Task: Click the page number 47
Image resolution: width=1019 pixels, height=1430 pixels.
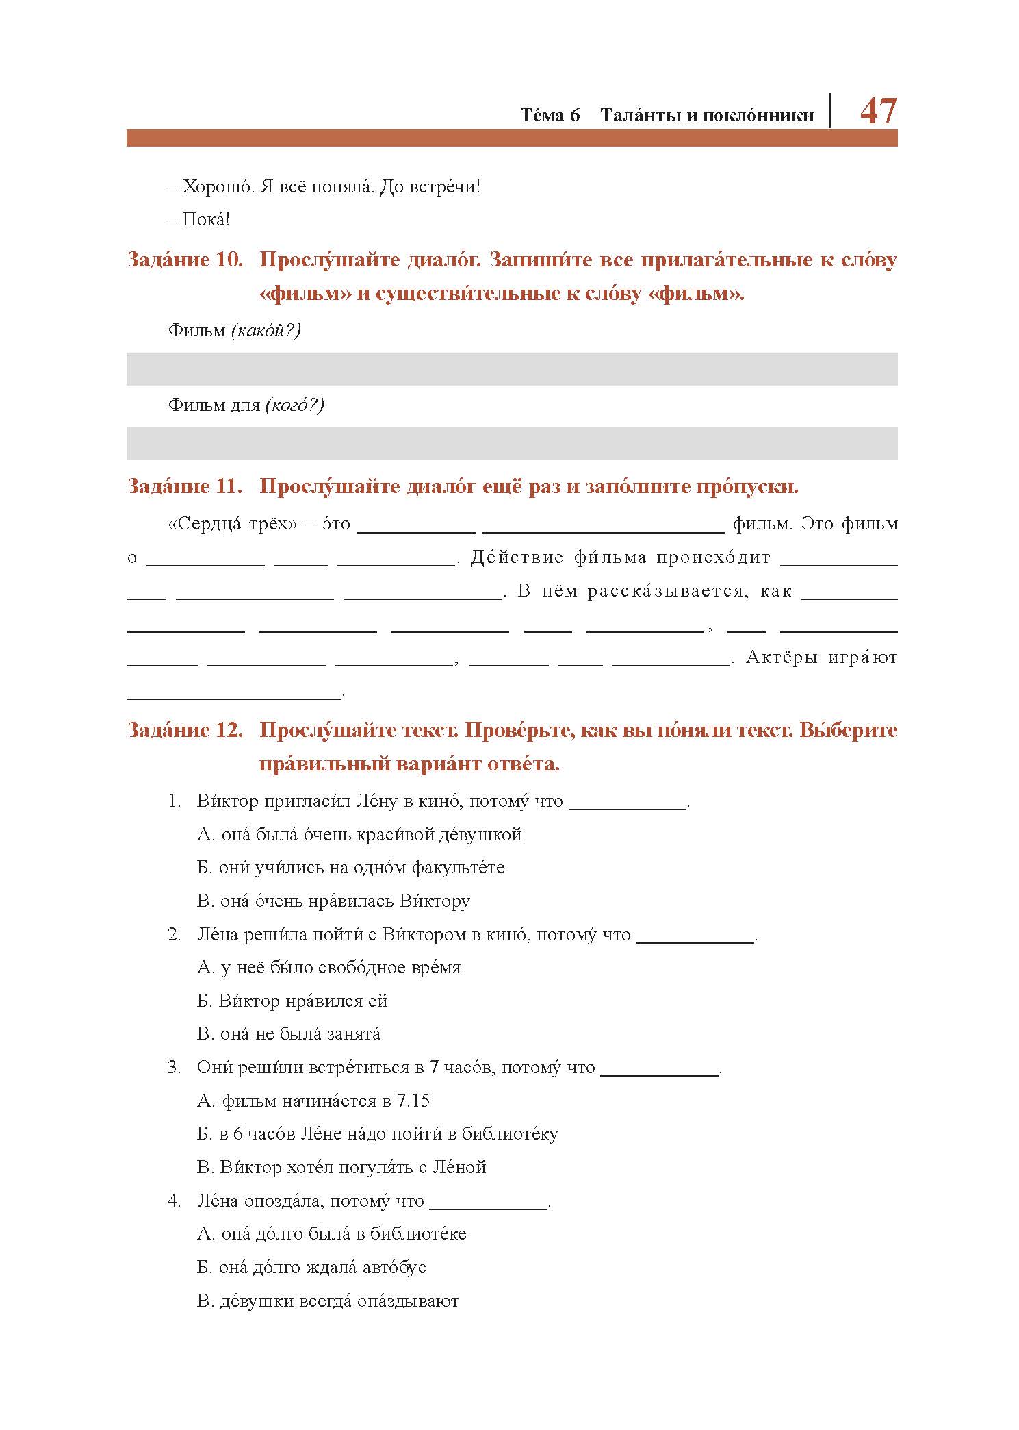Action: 877,111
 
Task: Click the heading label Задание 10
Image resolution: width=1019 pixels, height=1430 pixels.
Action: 185,261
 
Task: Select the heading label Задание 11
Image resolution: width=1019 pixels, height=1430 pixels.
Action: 185,487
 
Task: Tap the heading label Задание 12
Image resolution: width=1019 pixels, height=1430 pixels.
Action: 185,731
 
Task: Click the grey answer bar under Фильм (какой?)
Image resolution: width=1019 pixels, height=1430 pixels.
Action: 511,369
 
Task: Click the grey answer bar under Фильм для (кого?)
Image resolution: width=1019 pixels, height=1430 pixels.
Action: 511,444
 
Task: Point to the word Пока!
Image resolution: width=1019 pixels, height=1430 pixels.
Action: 205,220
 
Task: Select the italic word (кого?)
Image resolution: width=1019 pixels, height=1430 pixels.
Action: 294,405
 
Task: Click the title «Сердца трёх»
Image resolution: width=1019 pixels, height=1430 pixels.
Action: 233,525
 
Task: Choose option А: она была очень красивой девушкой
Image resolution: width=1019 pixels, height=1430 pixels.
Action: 359,835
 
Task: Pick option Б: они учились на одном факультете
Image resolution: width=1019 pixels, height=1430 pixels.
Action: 350,868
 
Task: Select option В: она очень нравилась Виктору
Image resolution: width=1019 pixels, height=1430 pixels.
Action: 333,901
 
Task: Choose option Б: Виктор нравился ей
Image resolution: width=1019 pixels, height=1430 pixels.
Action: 292,1001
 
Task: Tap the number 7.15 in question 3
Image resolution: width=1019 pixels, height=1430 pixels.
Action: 413,1101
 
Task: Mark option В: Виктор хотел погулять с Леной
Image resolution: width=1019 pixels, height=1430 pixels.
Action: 341,1168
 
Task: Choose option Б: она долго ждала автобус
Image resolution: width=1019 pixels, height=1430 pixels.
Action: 311,1268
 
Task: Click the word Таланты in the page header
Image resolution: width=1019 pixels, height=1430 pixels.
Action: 639,115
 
